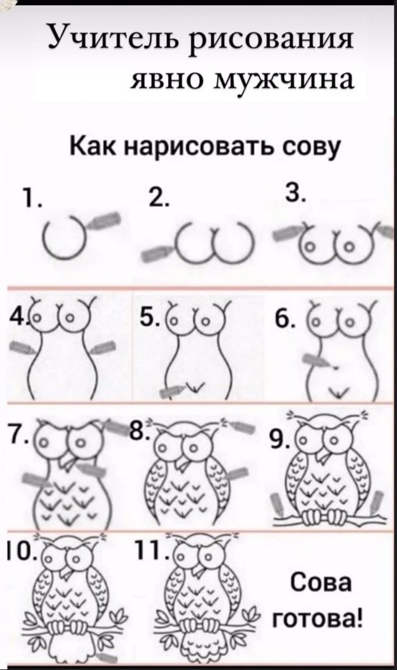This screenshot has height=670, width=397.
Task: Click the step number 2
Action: tap(162, 197)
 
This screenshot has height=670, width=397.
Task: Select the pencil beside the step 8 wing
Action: tap(238, 475)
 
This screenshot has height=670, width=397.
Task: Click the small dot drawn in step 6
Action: tap(337, 367)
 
